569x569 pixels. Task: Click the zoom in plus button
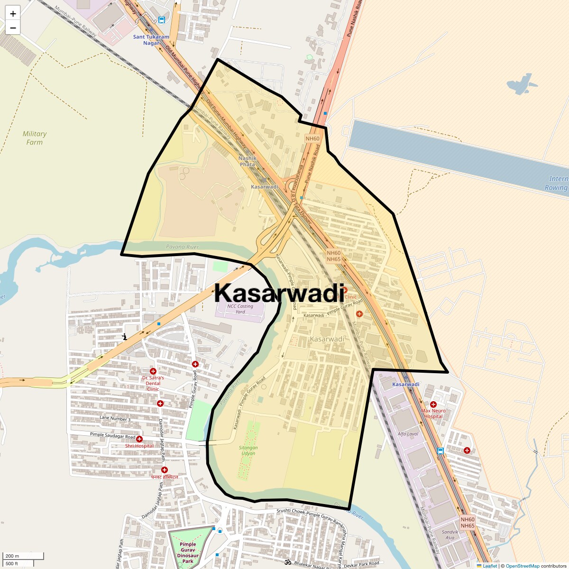pos(13,14)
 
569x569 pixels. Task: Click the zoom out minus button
pos(13,28)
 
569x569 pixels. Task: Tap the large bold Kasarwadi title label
pos(279,293)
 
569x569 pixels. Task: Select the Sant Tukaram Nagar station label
pos(151,40)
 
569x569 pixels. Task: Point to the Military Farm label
pos(35,138)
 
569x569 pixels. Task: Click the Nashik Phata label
pos(247,161)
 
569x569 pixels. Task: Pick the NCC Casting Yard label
pos(240,309)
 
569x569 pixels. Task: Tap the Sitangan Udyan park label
pos(248,450)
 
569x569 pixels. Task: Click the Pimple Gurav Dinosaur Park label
pos(188,553)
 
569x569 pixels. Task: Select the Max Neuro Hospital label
pos(433,413)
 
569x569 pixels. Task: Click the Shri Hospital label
pos(139,446)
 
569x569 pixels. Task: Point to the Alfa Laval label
pos(408,434)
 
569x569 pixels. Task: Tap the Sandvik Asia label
pos(450,535)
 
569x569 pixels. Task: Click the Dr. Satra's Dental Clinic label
pos(153,383)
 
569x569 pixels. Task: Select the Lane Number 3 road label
pos(115,419)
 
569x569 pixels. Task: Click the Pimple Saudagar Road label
pos(112,436)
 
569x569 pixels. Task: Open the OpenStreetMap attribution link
pos(523,566)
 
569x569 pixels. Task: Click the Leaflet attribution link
pos(490,566)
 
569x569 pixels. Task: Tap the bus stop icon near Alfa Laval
pos(441,451)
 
